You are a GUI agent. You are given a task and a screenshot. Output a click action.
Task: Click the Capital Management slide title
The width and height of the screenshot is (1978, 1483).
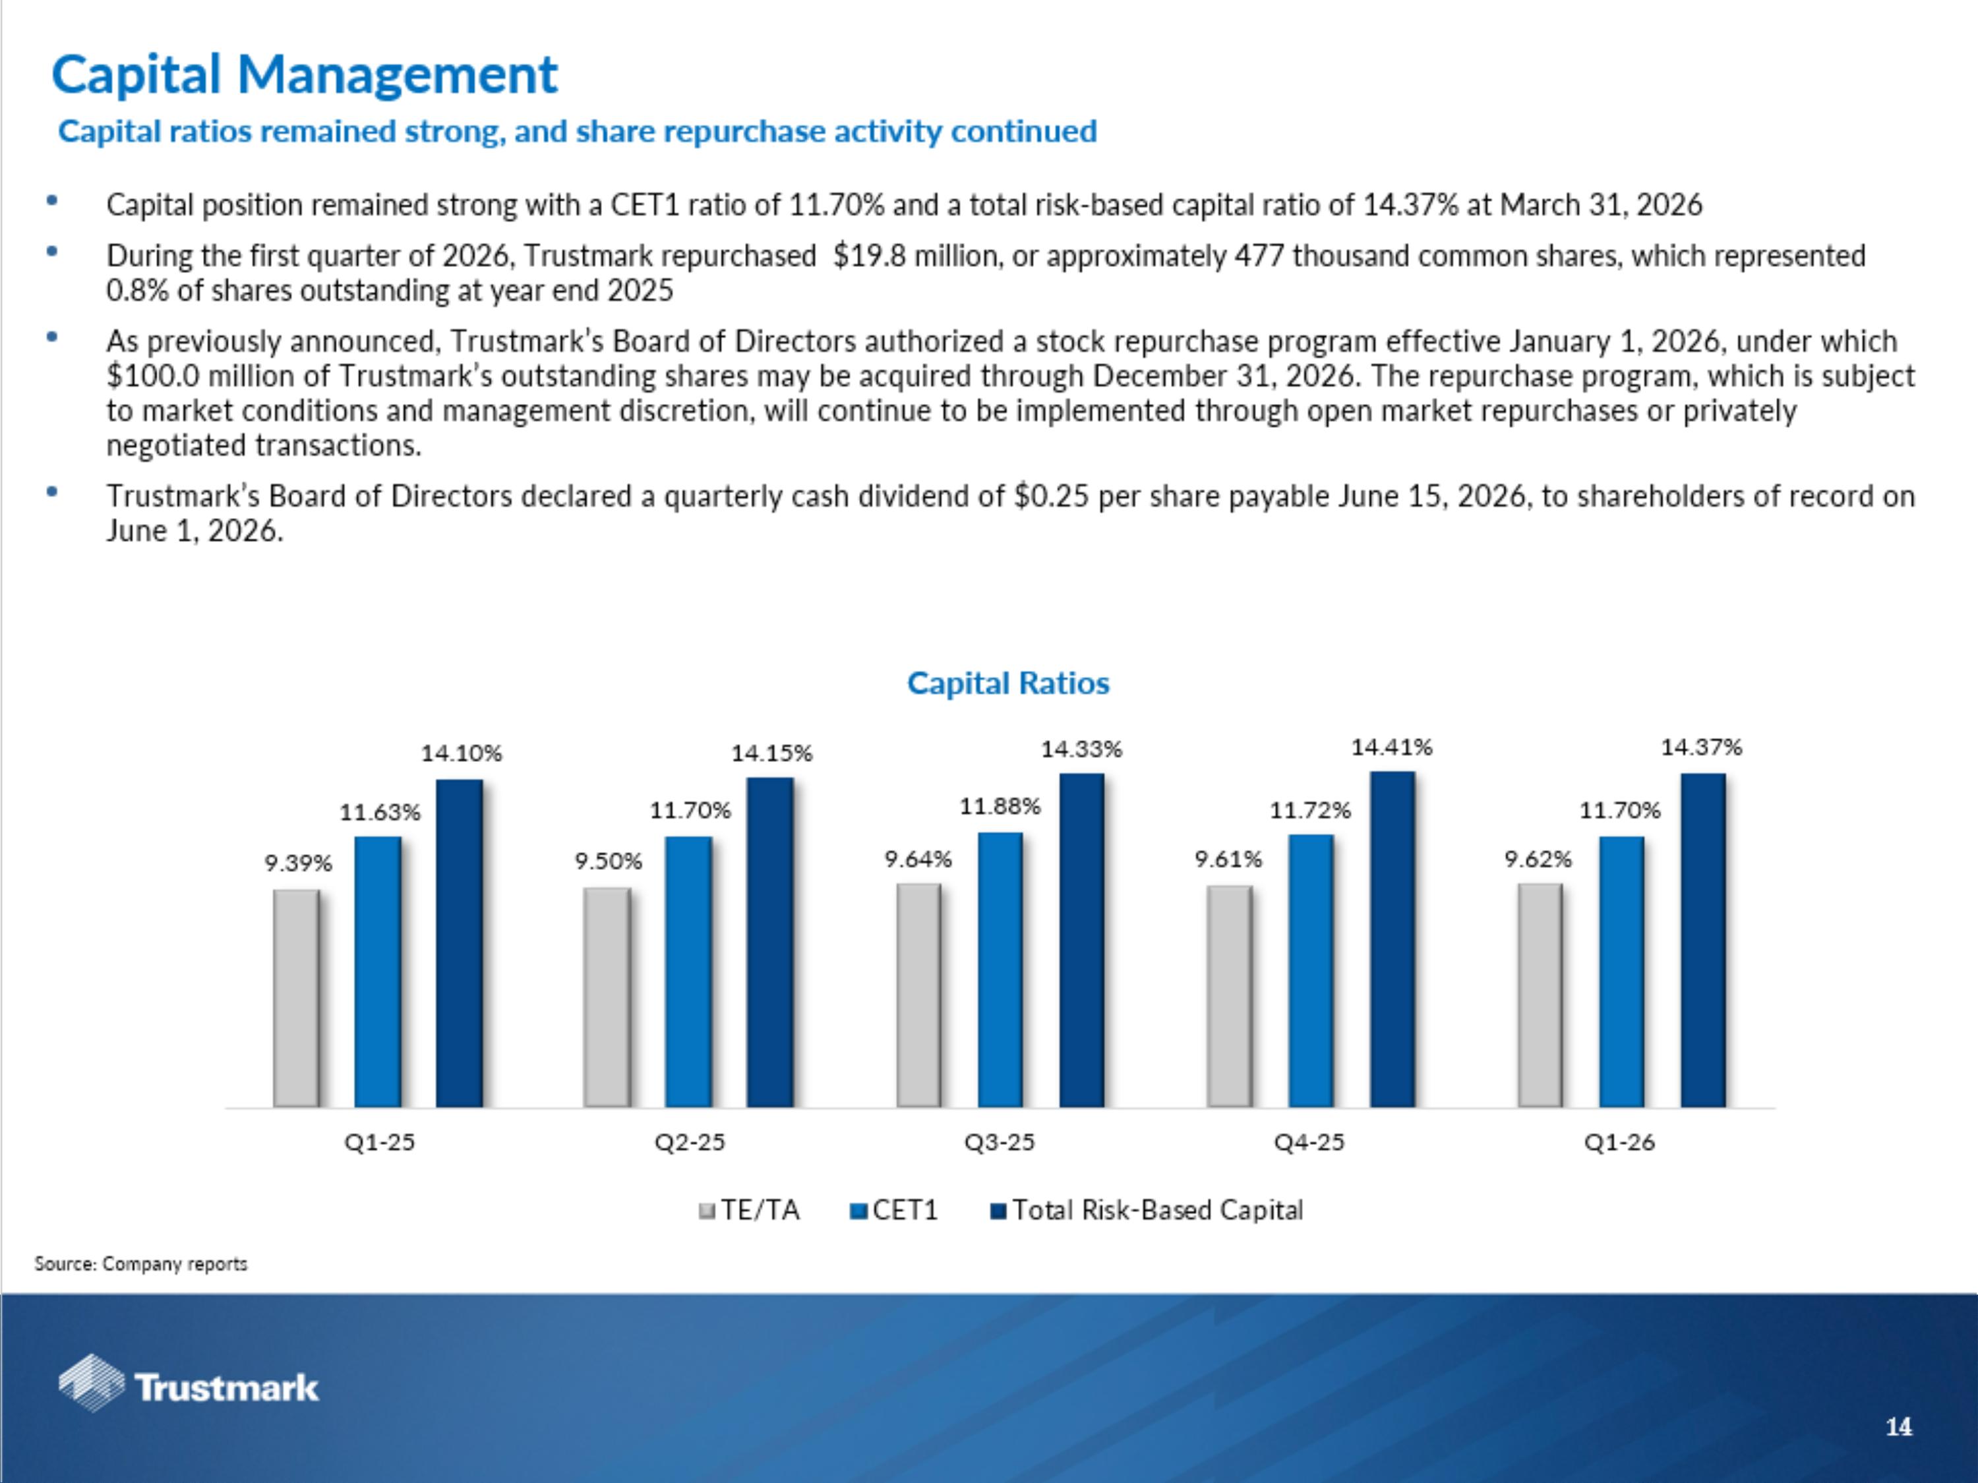point(304,74)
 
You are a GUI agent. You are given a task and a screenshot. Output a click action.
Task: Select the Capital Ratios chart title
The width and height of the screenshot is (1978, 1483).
point(1007,683)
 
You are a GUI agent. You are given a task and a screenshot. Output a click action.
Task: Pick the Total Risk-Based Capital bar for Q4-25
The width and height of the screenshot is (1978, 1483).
point(1393,939)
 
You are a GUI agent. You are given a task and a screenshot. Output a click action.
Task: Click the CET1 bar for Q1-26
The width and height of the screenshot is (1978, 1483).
point(1621,971)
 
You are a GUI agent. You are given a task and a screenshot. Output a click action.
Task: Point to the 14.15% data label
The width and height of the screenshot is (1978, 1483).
point(771,753)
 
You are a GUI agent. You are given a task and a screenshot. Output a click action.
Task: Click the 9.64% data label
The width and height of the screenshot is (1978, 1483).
point(918,859)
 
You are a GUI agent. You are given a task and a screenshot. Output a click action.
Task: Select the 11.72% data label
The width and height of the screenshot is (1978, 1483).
point(1310,811)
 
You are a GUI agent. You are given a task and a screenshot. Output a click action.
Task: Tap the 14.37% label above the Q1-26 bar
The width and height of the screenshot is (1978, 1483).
point(1702,747)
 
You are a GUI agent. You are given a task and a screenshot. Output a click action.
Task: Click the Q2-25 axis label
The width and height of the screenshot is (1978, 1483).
point(690,1142)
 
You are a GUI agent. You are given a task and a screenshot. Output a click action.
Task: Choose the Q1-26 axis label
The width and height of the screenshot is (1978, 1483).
point(1619,1142)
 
